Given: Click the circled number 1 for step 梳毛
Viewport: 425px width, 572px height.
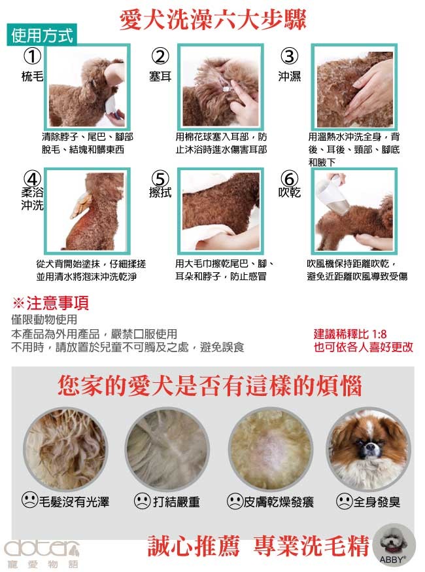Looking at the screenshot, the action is pos(32,56).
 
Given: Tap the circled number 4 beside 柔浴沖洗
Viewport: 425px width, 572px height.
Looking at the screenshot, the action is pos(32,179).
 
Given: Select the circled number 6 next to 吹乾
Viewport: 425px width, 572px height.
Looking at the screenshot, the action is pos(289,179).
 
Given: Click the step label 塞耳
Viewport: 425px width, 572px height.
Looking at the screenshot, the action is pos(160,76).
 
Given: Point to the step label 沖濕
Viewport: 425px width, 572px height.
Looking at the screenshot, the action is pos(290,76).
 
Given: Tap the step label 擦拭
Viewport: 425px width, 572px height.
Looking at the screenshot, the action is pos(160,192).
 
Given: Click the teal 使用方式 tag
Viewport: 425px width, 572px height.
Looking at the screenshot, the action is pos(42,35).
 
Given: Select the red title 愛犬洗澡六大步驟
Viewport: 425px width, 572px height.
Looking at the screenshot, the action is pos(213,20).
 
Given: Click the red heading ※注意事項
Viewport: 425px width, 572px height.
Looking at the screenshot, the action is pos(50,303).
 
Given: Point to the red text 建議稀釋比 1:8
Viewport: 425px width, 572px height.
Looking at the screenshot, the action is pos(350,334).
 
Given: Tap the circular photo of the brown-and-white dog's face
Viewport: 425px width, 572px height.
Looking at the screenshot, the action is pos(368,449).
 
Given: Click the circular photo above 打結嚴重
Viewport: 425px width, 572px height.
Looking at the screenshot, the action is pos(167,449).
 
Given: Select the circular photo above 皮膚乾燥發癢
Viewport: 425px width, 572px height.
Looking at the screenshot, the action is pos(271,449).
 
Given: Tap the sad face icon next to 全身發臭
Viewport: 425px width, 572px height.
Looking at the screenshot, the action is pos(344,501).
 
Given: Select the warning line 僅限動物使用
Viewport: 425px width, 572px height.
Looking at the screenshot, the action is pos(44,319).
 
